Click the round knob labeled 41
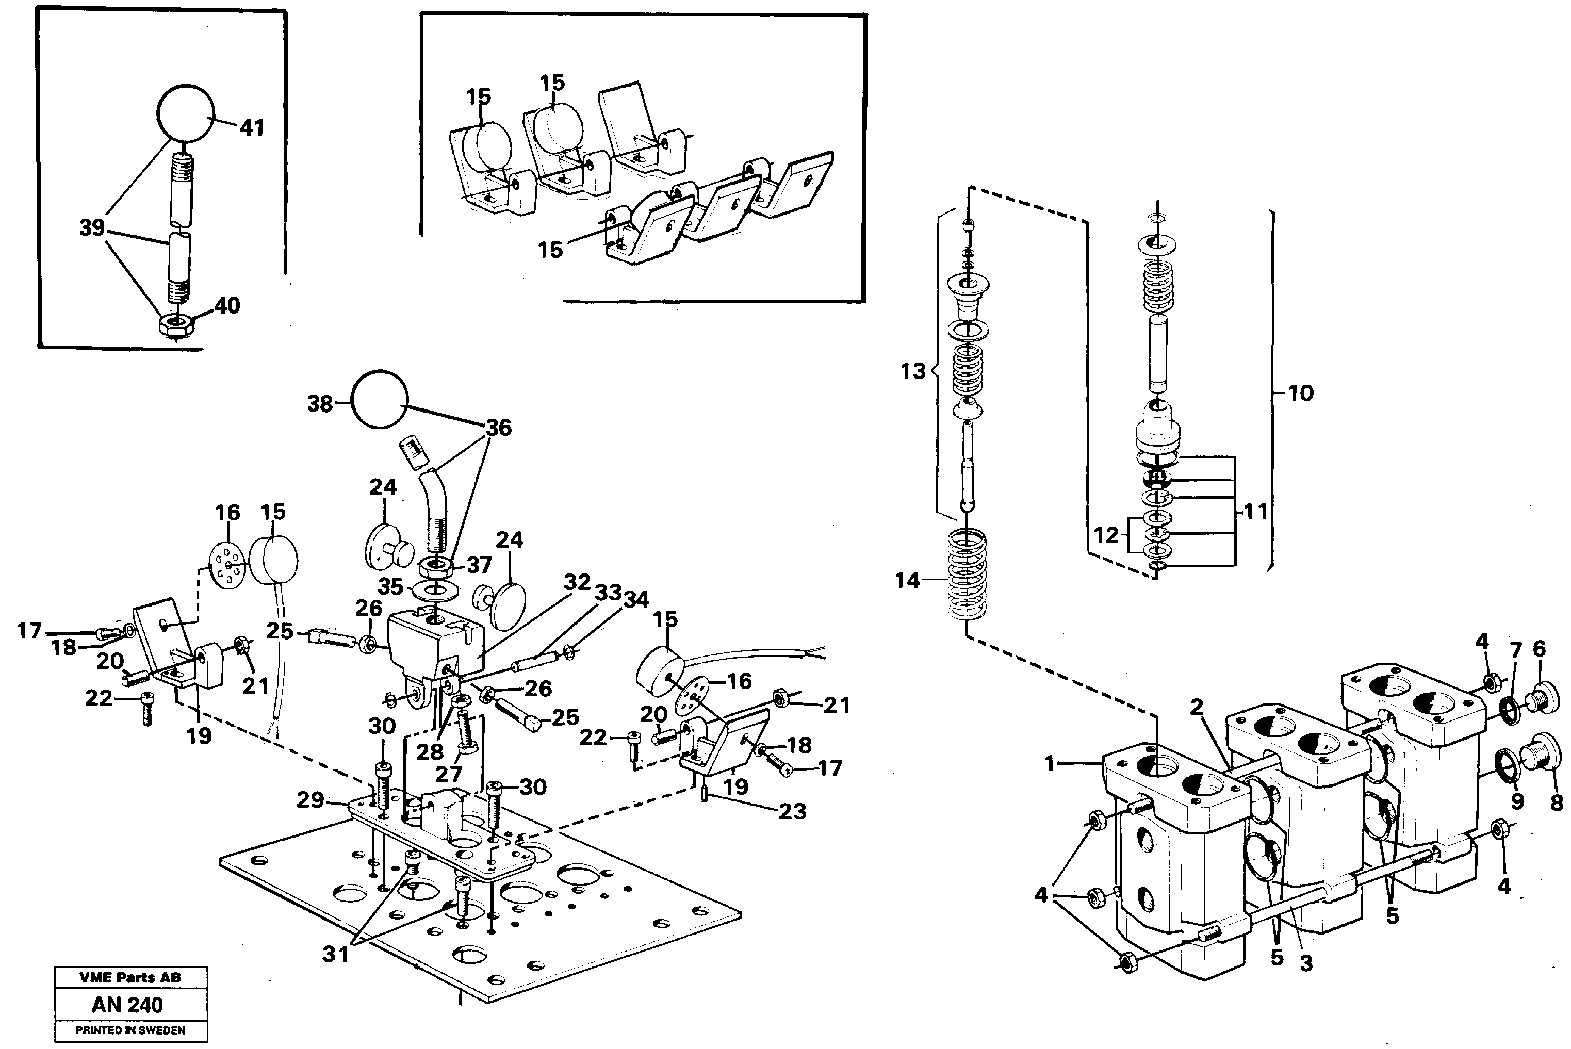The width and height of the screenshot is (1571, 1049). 185,113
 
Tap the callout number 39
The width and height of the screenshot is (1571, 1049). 92,227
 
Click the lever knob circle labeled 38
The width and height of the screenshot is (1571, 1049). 380,399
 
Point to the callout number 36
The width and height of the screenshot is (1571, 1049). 498,428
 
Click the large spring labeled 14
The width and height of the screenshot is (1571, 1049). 967,574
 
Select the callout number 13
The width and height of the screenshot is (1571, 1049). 912,371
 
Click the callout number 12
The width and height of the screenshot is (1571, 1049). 1106,535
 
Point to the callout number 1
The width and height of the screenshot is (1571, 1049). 1049,763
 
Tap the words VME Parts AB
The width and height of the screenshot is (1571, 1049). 130,977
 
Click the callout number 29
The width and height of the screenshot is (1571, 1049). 310,799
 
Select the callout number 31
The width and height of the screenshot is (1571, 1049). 335,954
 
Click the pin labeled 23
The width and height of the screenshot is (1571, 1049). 705,794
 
